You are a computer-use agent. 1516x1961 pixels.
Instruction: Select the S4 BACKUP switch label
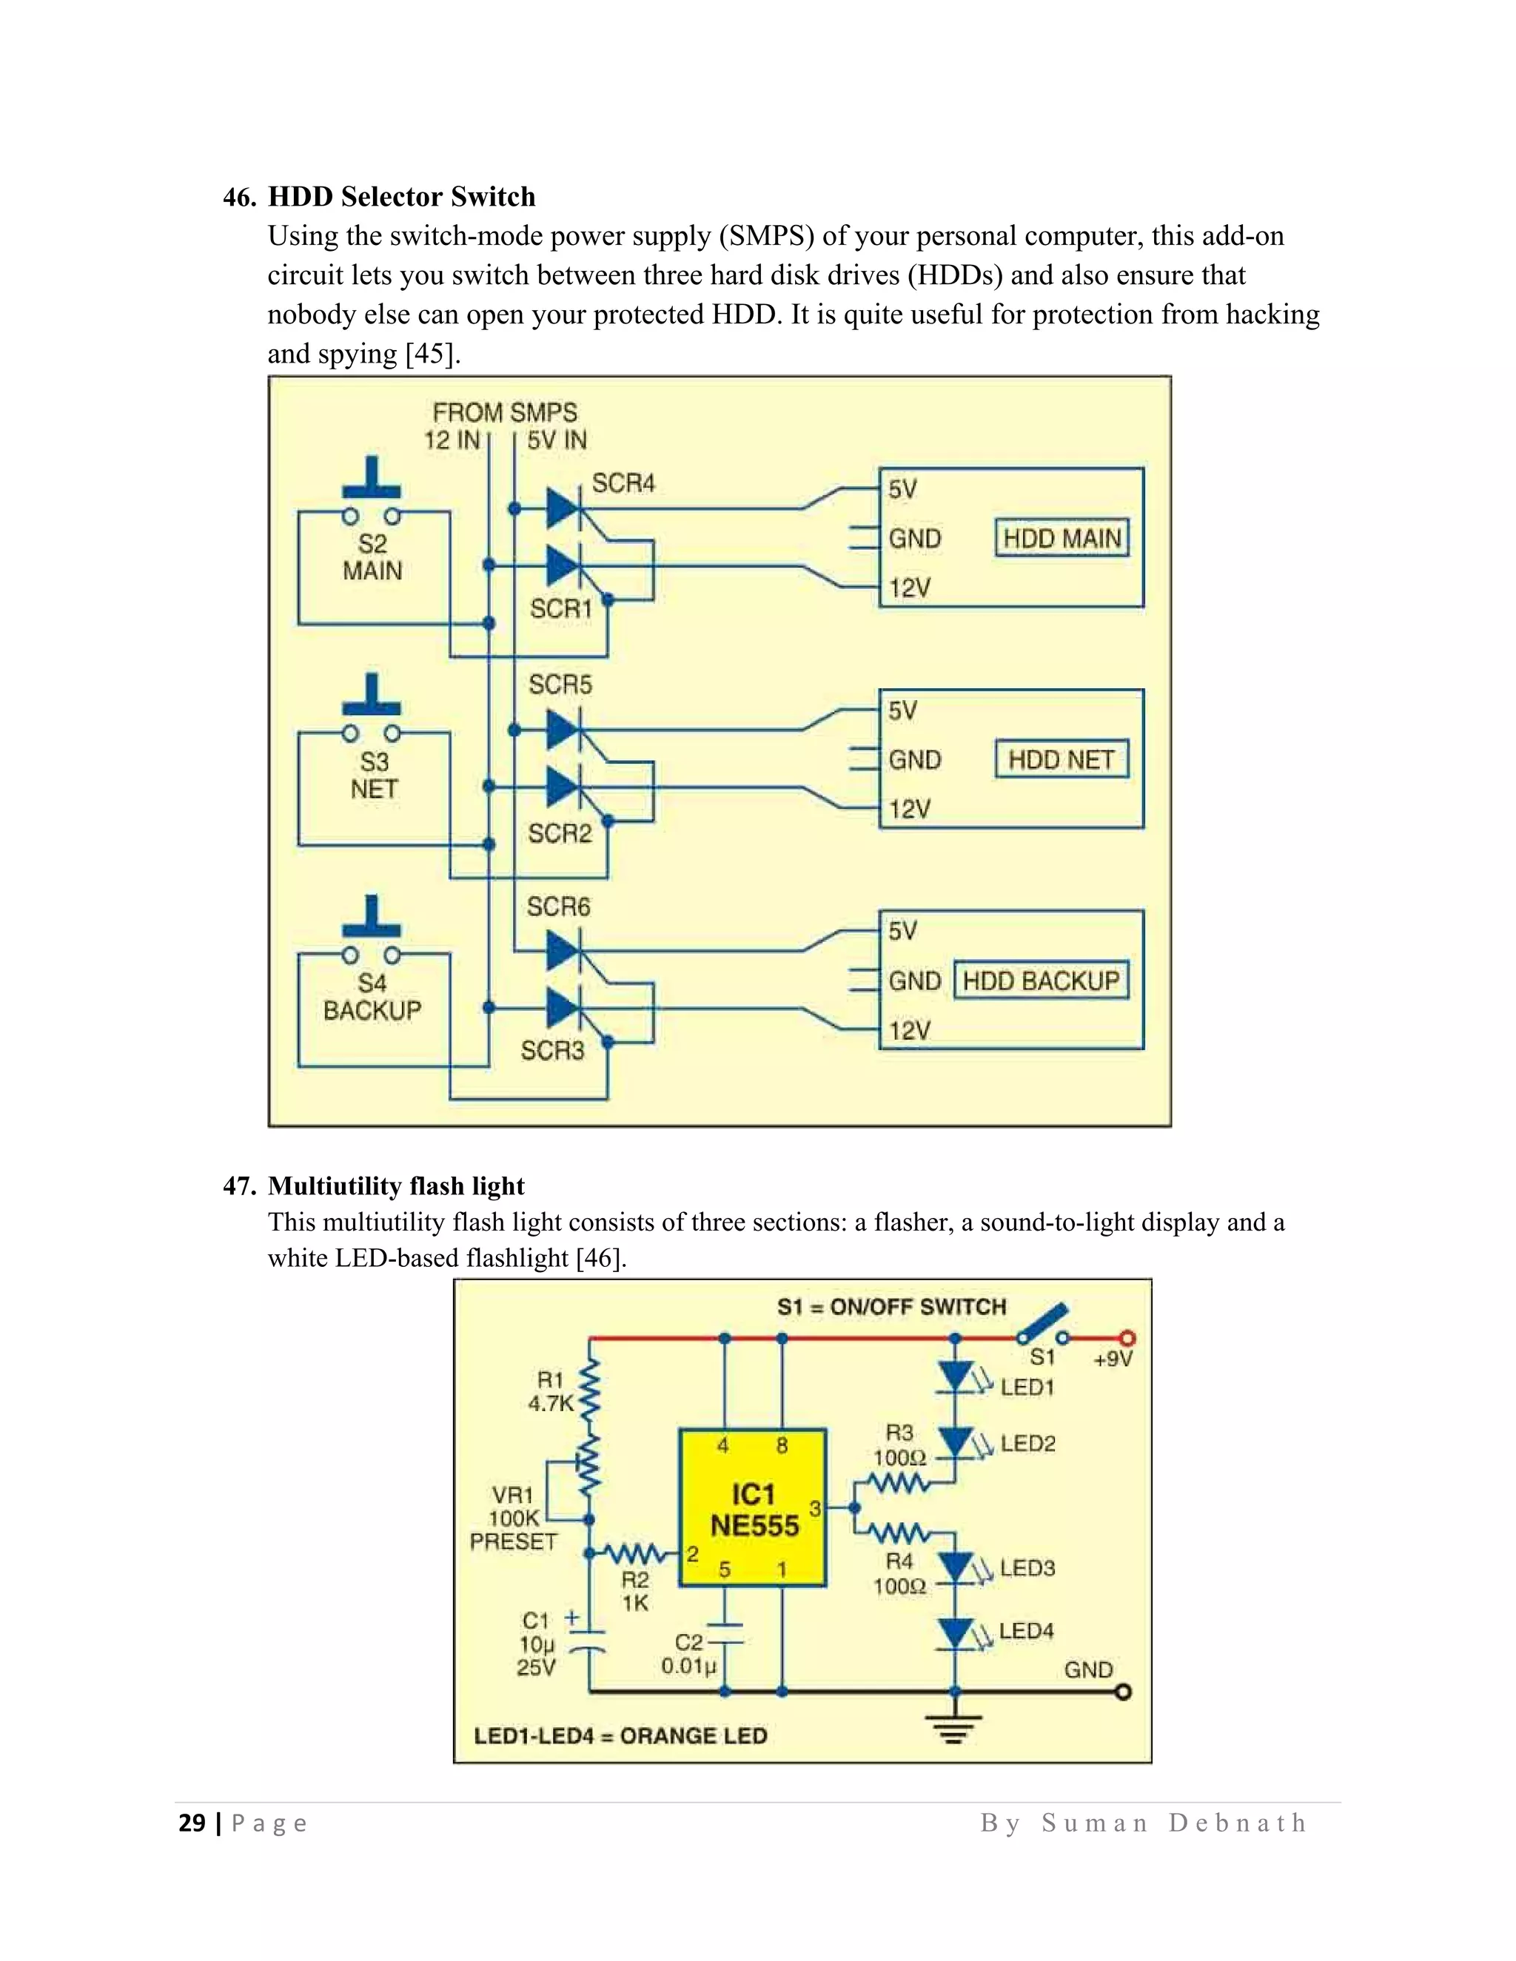[372, 998]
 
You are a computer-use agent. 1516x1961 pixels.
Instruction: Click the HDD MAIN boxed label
[1061, 539]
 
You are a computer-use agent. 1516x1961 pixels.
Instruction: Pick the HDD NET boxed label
[1061, 761]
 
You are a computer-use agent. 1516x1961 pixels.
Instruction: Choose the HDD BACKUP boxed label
[1041, 980]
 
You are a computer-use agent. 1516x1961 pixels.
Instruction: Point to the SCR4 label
[623, 484]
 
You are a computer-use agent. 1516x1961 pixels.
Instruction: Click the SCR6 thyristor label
[559, 907]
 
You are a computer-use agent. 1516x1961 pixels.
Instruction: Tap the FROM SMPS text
[505, 413]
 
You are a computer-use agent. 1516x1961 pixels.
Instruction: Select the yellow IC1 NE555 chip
[753, 1508]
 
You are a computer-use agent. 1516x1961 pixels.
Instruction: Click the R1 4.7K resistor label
[551, 1392]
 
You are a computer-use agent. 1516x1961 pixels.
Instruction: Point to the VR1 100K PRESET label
[514, 1518]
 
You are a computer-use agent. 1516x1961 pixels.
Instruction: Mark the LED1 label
[1027, 1387]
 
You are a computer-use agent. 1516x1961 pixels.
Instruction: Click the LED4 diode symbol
[956, 1634]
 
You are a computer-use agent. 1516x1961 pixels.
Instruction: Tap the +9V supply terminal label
[1113, 1359]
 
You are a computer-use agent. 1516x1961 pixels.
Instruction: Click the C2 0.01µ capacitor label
[689, 1655]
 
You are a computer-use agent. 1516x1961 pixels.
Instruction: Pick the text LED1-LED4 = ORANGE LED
[620, 1735]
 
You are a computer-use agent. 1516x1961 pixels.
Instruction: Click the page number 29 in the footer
[192, 1823]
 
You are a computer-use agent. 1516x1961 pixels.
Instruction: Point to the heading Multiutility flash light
[396, 1186]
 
